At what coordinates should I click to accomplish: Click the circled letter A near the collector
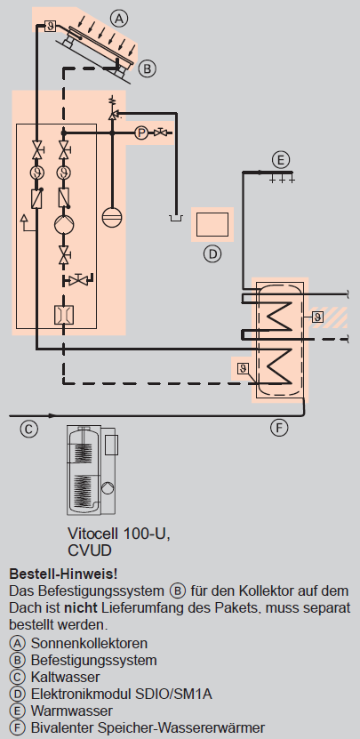(119, 19)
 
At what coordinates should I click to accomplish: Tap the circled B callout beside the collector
(147, 68)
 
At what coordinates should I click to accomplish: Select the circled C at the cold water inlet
(28, 429)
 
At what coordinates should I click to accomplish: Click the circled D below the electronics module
(212, 254)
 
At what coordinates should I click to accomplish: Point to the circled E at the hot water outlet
(281, 160)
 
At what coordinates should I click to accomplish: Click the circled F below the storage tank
(279, 428)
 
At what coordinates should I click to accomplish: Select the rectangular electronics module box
(212, 224)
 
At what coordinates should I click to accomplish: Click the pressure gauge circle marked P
(141, 133)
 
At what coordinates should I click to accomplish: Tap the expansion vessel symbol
(111, 218)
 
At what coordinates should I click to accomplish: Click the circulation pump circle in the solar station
(63, 223)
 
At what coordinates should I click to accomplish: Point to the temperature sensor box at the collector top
(51, 26)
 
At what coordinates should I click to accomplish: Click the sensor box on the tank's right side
(317, 317)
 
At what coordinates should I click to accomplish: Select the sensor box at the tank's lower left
(243, 368)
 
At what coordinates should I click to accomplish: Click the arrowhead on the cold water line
(51, 415)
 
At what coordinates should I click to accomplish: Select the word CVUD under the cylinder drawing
(90, 550)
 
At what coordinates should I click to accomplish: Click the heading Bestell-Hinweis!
(63, 574)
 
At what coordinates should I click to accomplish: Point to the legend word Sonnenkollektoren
(89, 643)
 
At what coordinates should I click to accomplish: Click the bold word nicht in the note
(81, 608)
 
